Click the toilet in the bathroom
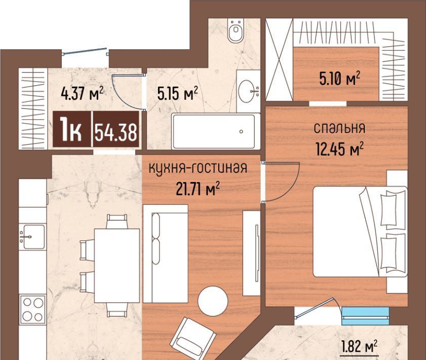(x=236, y=31)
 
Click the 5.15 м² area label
(x=177, y=93)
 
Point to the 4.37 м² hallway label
(x=83, y=93)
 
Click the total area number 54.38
(x=116, y=133)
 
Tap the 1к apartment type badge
(x=71, y=130)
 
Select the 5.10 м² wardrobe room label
(x=339, y=79)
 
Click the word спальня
(x=339, y=128)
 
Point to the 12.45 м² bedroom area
(x=339, y=149)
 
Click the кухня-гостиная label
(x=198, y=168)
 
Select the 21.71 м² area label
(x=198, y=189)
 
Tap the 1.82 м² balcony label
(x=359, y=346)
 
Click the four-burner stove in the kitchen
(x=33, y=309)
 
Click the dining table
(x=117, y=266)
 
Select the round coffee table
(x=213, y=301)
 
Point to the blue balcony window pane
(x=365, y=316)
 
